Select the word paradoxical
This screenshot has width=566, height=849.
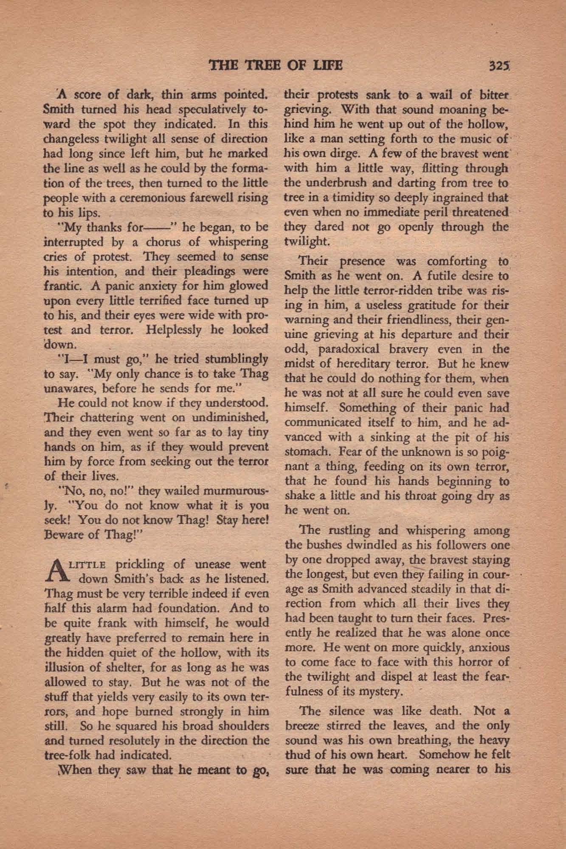click(x=353, y=349)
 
